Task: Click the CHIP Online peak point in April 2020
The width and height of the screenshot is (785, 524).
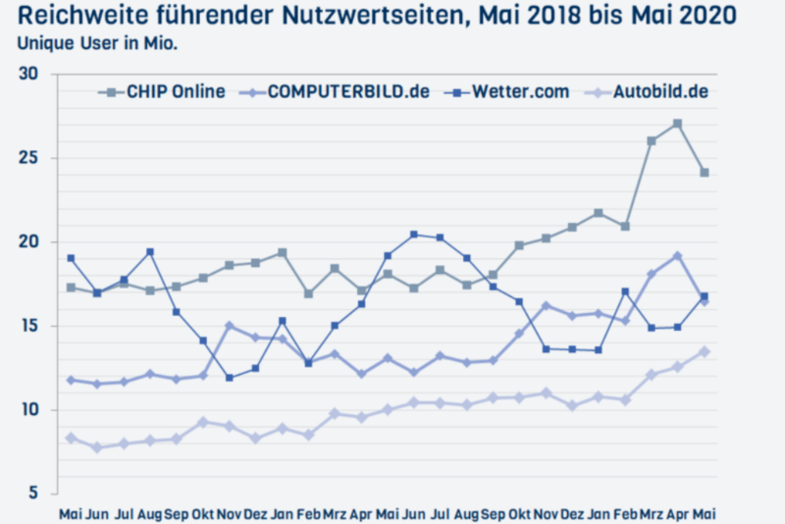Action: (x=678, y=124)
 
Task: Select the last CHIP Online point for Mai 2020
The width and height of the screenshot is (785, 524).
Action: (x=704, y=173)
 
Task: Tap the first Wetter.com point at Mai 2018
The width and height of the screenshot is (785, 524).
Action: (x=71, y=258)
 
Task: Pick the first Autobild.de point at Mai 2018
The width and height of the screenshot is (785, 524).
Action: (x=71, y=438)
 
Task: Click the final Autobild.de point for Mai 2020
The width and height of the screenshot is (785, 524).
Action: (x=704, y=351)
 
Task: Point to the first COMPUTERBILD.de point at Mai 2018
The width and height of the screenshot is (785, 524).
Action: (x=71, y=380)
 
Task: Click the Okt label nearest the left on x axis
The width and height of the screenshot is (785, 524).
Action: (x=203, y=512)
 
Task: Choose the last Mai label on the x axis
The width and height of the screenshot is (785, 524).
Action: (x=704, y=512)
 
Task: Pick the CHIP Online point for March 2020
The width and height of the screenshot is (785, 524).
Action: (x=652, y=141)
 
